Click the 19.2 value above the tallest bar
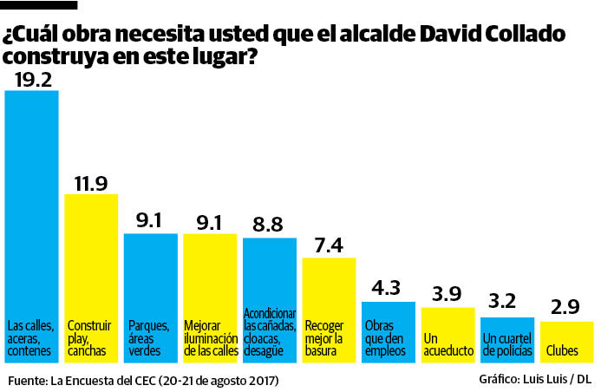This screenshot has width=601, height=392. click(31, 80)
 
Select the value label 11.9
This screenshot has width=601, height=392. click(91, 183)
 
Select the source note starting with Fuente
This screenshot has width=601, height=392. click(144, 380)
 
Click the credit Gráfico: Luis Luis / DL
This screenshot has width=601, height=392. click(534, 380)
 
